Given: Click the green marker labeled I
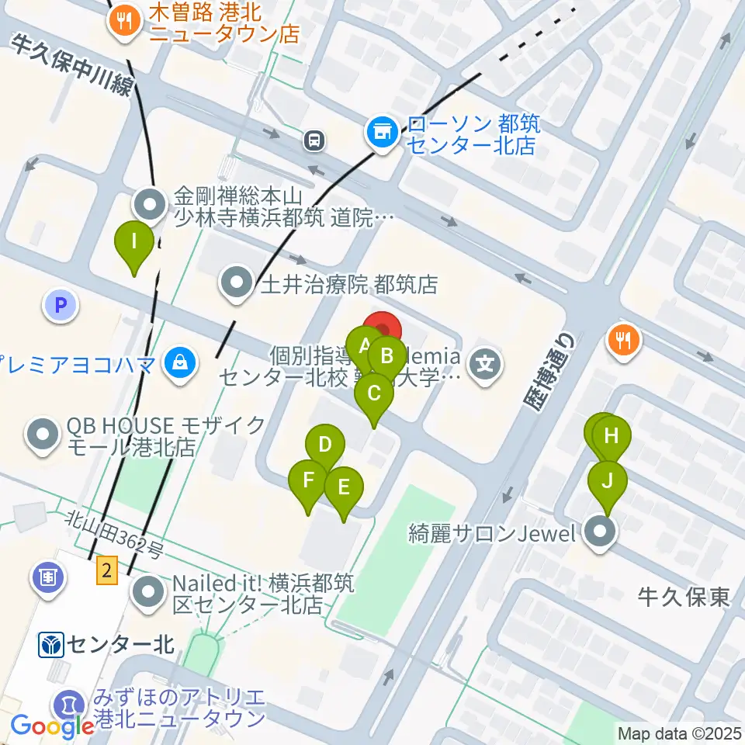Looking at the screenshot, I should click(x=134, y=242).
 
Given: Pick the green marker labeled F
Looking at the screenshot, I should click(x=308, y=480).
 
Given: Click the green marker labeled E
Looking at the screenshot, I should click(x=345, y=488).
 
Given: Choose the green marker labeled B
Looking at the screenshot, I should click(x=386, y=358).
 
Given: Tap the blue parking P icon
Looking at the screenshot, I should click(x=61, y=304).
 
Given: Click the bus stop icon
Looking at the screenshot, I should click(x=315, y=140).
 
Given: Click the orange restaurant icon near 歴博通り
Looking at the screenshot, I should click(x=625, y=339).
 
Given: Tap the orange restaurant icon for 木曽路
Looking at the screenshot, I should click(x=124, y=23).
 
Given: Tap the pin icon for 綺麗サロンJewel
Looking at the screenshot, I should click(x=599, y=533).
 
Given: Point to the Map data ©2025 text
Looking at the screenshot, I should click(x=679, y=733).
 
